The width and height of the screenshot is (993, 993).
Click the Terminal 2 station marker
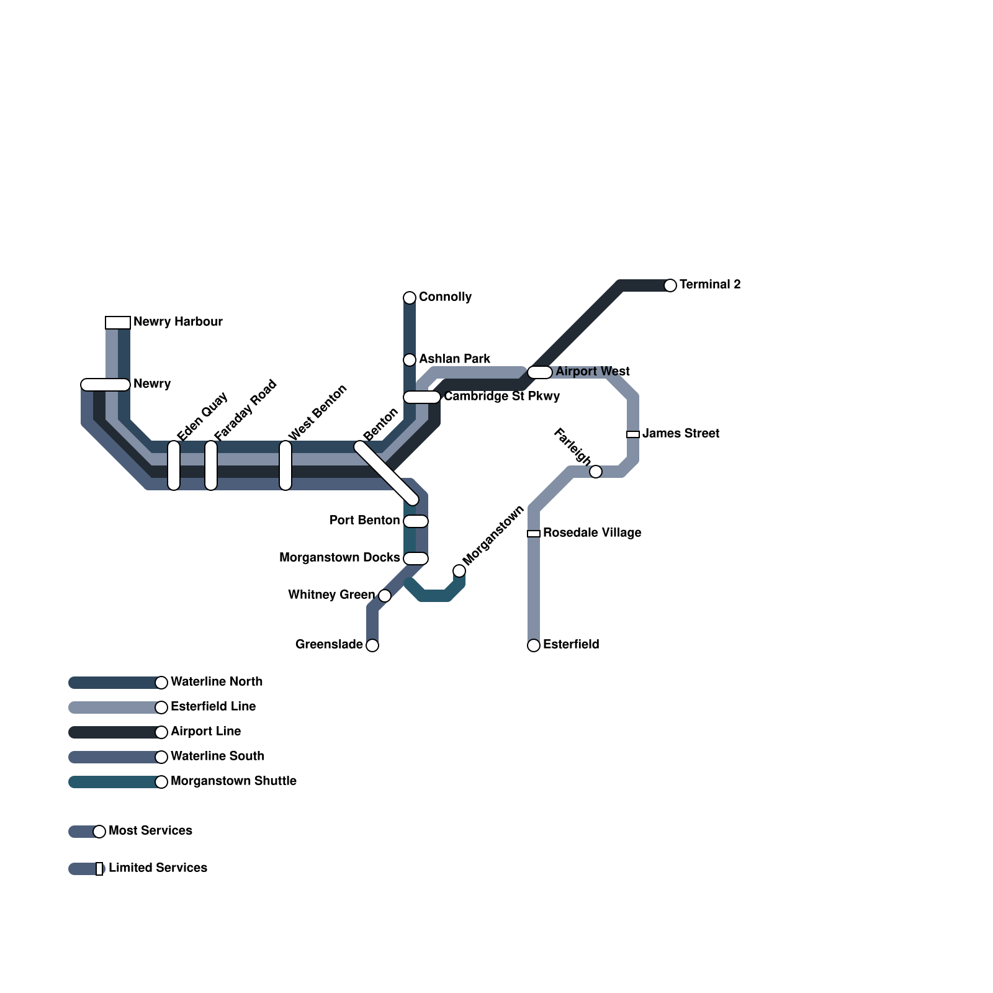coord(670,285)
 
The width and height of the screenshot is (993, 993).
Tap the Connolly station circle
coord(410,298)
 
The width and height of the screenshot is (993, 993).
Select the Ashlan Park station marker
coord(410,360)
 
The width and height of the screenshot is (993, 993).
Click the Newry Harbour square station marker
coord(118,323)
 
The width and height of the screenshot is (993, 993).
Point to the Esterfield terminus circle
coord(534,645)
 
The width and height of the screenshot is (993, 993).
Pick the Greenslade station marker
coord(372,645)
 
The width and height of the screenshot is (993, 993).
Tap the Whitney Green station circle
coord(385,596)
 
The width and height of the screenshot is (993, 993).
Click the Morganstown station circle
coord(459,571)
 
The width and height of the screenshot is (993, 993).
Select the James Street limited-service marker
coord(633,434)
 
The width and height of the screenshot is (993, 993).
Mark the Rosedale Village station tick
coord(534,534)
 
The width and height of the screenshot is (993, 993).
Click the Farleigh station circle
coord(596,472)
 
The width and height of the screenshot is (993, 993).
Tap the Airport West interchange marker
coord(540,372)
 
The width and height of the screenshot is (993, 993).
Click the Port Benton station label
coord(364,520)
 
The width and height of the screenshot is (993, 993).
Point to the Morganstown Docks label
coord(339,557)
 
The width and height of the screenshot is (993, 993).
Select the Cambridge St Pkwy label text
coord(501,396)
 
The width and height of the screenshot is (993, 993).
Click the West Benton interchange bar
coord(285,465)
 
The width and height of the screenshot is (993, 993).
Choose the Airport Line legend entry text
coord(205,731)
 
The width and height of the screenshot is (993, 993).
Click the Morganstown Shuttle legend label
coord(233,781)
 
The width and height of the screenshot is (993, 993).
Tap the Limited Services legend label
coord(158,868)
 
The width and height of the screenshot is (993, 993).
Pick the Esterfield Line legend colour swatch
coord(115,708)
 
